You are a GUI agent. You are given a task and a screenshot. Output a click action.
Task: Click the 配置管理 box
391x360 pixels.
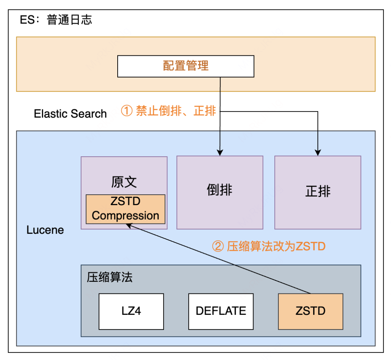point(186,66)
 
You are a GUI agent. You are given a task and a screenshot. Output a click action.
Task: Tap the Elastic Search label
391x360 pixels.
point(70,114)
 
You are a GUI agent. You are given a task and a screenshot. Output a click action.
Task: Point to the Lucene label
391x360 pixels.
point(45,230)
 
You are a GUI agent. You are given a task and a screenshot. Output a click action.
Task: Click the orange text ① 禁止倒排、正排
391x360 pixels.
point(168,111)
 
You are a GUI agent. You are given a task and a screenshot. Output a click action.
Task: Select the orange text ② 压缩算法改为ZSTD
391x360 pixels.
point(268,246)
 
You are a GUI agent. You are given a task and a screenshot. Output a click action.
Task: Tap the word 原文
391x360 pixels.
point(124,182)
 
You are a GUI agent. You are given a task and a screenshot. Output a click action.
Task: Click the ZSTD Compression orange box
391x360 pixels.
point(125,209)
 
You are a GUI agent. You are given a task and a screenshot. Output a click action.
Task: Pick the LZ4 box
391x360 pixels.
point(131,311)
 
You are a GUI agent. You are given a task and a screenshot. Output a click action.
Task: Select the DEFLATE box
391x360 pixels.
point(221,311)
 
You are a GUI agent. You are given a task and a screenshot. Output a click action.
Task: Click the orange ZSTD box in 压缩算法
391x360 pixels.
point(310,311)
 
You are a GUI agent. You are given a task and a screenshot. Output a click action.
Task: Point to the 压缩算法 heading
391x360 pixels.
point(110,277)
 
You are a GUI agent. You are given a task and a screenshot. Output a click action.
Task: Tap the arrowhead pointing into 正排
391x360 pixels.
point(318,153)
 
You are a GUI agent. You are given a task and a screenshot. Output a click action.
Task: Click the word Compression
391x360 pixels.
point(125,216)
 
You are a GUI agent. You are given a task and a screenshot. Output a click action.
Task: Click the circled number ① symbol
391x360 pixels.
point(126,111)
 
